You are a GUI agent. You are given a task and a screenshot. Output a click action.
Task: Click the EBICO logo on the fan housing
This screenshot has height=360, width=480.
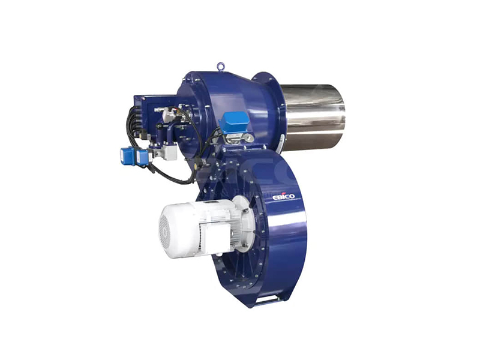click(x=283, y=196)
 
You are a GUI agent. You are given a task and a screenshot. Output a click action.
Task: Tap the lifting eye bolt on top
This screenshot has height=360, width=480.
click(x=220, y=67)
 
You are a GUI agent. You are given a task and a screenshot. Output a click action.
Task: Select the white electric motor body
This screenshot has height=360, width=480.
click(x=196, y=228)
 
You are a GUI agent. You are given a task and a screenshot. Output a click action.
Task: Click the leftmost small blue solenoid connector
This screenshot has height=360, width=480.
click(x=127, y=156)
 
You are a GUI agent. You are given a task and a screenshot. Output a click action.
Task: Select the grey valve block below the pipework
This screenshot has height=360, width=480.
click(x=167, y=151)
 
